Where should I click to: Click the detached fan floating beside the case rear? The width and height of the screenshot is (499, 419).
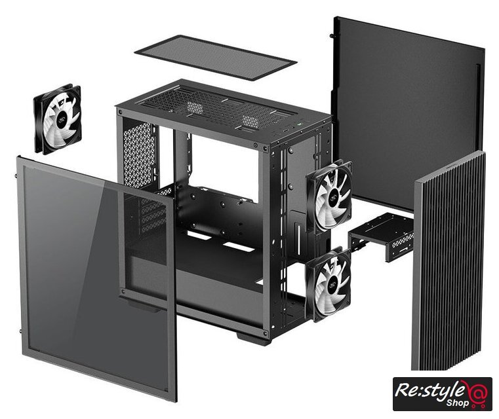pyautogui.click(x=58, y=119)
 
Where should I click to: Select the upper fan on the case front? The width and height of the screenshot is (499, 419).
pyautogui.click(x=329, y=194)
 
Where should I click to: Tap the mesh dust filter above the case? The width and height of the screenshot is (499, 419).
pyautogui.click(x=216, y=57)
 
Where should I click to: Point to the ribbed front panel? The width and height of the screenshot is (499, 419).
pyautogui.click(x=449, y=261)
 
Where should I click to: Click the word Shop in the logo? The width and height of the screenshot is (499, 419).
pyautogui.click(x=458, y=403)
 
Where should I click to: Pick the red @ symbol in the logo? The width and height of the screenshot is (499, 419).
pyautogui.click(x=476, y=392)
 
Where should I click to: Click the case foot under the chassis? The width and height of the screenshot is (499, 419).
pyautogui.click(x=253, y=338)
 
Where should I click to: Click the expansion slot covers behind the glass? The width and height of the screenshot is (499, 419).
pyautogui.click(x=153, y=216)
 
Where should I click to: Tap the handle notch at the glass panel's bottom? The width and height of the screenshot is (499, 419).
pyautogui.click(x=143, y=306)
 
